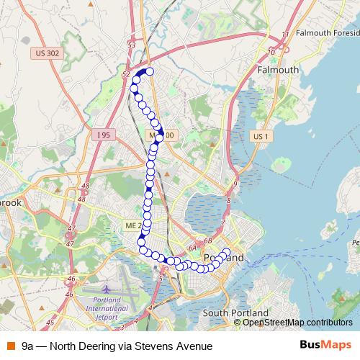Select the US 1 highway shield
[x=260, y=135]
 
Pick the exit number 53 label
[x=131, y=45]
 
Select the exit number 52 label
[x=127, y=74]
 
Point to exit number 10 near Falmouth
[x=271, y=52]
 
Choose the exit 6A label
[x=193, y=248]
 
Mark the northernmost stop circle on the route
[x=150, y=71]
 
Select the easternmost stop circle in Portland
[x=227, y=253]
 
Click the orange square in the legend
[x=10, y=346]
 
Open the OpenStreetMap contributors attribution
[x=297, y=322]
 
